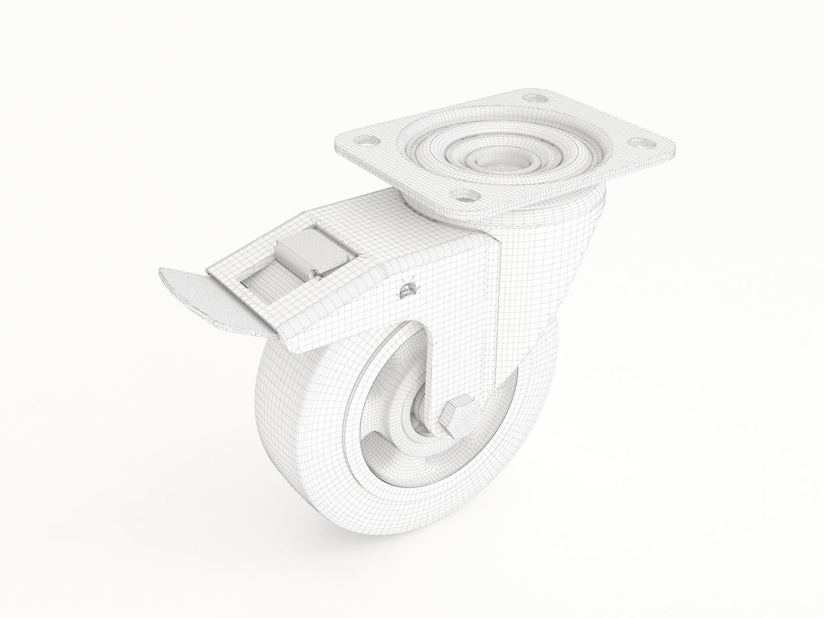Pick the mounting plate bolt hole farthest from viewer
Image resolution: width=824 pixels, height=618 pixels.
[536, 96]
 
